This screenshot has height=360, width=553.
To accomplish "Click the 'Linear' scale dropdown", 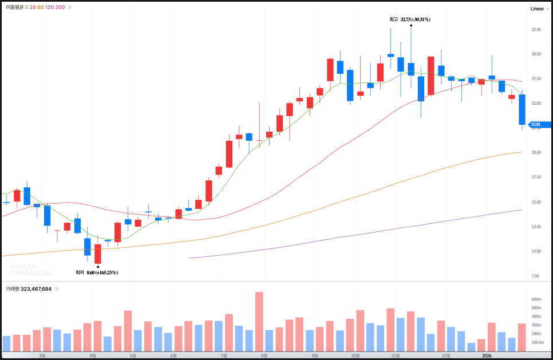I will pyautogui.click(x=539, y=9).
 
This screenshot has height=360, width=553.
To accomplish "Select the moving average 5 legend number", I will pyautogui.click(x=27, y=7).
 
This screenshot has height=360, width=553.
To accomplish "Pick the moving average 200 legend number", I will pyautogui.click(x=60, y=7).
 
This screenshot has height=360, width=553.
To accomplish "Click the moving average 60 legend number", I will pyautogui.click(x=41, y=7).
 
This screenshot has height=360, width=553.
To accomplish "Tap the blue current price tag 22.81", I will pyautogui.click(x=538, y=124).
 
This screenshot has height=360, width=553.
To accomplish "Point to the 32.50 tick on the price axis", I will pyautogui.click(x=536, y=29).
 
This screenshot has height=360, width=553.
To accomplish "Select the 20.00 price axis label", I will pyautogui.click(x=536, y=153).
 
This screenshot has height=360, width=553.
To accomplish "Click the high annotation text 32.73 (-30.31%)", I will pyautogui.click(x=415, y=19).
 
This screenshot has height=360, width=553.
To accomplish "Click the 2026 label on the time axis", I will pyautogui.click(x=487, y=355).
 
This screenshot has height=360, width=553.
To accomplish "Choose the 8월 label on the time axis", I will pyautogui.click(x=264, y=355).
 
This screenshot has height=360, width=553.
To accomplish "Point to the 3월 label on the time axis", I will pyautogui.click(x=42, y=355).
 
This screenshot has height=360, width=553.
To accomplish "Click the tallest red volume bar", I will pyautogui.click(x=259, y=322).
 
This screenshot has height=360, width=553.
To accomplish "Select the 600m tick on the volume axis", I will pyautogui.click(x=536, y=299).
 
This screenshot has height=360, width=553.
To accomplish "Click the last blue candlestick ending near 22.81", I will pyautogui.click(x=522, y=109).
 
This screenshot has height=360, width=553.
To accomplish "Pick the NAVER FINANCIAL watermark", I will pyautogui.click(x=31, y=270).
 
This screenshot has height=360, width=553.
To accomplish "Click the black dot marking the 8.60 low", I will pyautogui.click(x=98, y=267).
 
